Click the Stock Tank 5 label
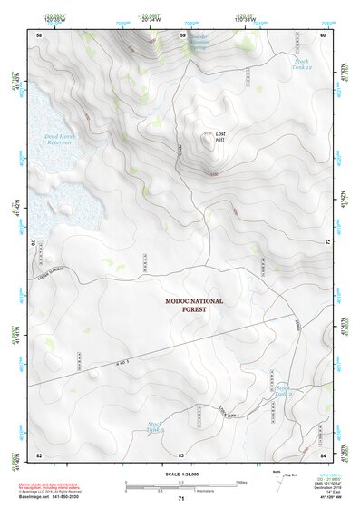(x=155, y=425)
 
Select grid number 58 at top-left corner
(x=39, y=34)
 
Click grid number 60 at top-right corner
(x=323, y=34)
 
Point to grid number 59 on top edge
(x=182, y=34)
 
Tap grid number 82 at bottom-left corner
(x=39, y=454)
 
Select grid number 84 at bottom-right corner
(x=323, y=454)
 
